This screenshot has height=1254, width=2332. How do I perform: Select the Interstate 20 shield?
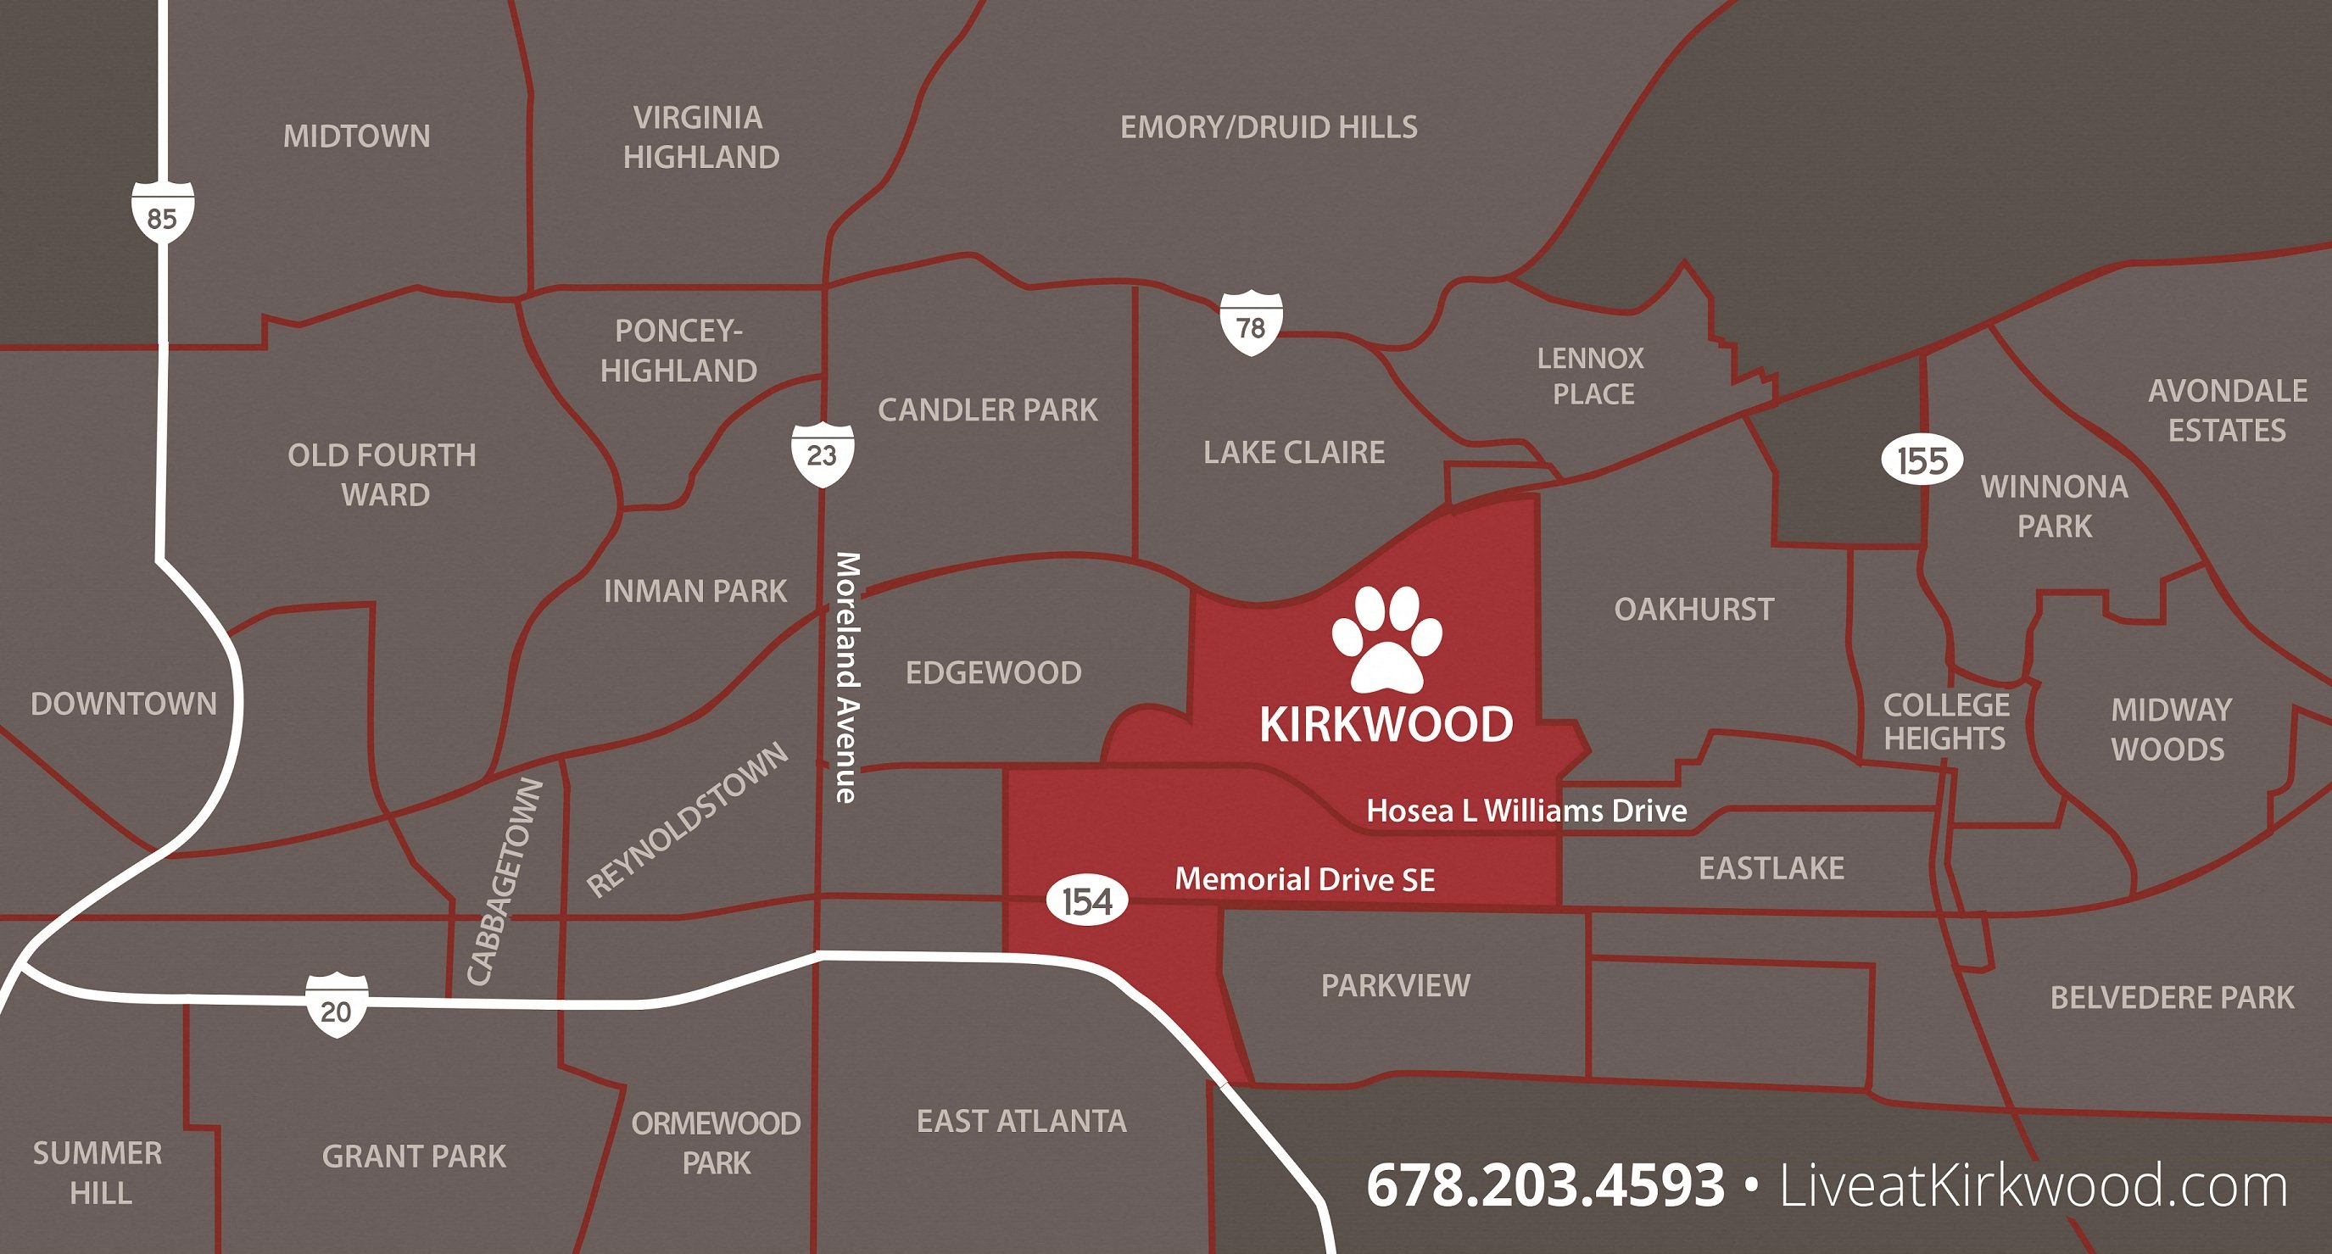[336, 1006]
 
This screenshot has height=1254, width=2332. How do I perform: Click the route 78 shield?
[1250, 323]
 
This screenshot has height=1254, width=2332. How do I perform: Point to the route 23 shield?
[822, 453]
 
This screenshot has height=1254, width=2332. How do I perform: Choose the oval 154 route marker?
[1087, 902]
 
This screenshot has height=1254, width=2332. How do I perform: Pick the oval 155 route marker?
[1922, 461]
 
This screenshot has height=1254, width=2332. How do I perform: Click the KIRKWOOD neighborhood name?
[1386, 725]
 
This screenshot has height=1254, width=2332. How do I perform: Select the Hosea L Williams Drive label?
[1526, 811]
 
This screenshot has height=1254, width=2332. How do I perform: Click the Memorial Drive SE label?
[1304, 879]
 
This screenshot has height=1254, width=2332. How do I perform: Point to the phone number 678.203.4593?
[1544, 1185]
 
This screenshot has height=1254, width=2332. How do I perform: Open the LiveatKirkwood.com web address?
[2034, 1185]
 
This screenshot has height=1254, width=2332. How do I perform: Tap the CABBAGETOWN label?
[505, 881]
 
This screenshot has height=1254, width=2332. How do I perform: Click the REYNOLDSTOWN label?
[688, 819]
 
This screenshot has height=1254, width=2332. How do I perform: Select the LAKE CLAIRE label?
[1294, 453]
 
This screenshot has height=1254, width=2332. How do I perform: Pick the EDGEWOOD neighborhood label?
[993, 672]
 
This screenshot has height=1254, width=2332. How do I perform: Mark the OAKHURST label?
[1693, 610]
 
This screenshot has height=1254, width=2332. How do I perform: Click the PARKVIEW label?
[1395, 985]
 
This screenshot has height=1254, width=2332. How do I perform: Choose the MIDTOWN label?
[357, 137]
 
